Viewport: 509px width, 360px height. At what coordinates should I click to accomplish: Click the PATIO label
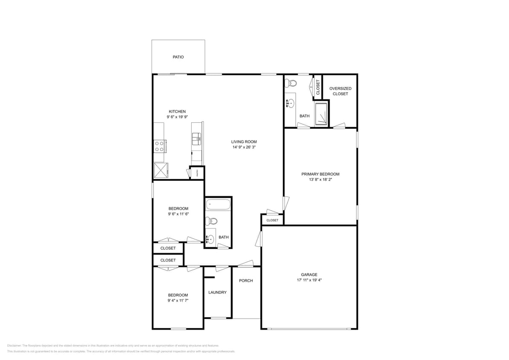pos(178,57)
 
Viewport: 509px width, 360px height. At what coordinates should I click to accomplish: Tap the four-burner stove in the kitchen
pos(160,146)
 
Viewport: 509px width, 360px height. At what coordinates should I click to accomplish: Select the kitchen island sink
pos(197,138)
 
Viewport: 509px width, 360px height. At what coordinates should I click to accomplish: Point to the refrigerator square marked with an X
pos(161,171)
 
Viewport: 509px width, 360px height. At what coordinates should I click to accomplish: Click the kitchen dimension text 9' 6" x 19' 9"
pos(177,117)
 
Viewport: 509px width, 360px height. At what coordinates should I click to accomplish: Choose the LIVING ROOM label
pos(244,142)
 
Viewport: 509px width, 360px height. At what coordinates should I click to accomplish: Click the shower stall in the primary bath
pos(321,113)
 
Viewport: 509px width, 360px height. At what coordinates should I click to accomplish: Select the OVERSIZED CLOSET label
pos(340,91)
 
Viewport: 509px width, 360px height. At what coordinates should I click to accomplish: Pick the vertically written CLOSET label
pos(318,87)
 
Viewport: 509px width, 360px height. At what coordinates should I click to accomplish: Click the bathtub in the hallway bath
pos(218,205)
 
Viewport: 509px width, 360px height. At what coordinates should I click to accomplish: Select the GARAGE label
pos(309,275)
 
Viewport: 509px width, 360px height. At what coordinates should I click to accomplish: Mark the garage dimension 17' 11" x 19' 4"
pos(309,280)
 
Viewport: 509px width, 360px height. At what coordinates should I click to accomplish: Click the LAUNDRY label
pos(217,292)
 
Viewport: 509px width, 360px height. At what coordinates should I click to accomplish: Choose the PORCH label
pos(246,281)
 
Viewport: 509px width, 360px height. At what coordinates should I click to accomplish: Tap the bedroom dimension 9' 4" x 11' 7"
pos(178,300)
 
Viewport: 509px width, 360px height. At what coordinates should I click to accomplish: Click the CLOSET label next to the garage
pos(272,220)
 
